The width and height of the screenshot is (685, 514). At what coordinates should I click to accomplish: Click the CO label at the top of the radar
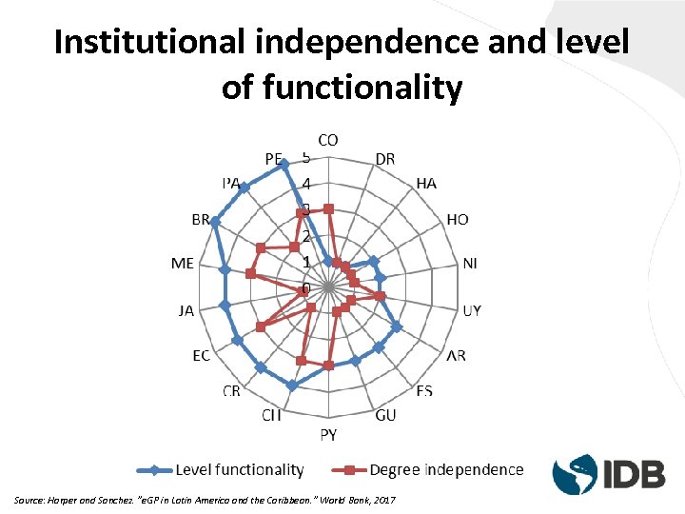(327, 140)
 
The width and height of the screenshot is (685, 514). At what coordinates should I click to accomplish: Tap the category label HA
(426, 183)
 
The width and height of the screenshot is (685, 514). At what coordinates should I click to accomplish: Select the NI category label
(470, 264)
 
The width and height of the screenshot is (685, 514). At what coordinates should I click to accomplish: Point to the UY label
(472, 310)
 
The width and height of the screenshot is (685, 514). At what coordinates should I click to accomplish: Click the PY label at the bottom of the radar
(327, 436)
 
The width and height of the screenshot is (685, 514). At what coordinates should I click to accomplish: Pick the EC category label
(201, 356)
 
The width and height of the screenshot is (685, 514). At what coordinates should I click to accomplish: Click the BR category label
(201, 220)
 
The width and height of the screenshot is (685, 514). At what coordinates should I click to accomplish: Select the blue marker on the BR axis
(215, 222)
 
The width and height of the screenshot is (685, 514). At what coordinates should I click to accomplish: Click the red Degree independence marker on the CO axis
(328, 208)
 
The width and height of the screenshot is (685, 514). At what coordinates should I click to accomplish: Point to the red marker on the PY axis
(328, 366)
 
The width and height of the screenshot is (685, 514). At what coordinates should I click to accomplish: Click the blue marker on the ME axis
(225, 270)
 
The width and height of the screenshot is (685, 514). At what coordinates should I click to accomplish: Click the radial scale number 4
(306, 184)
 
